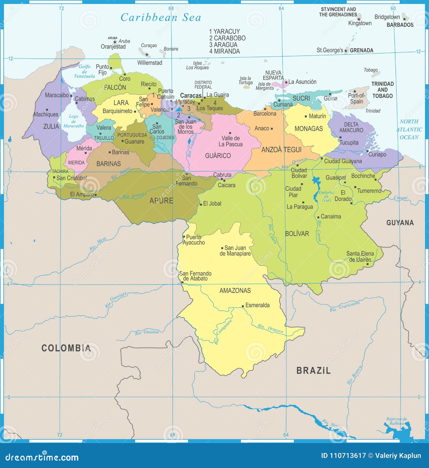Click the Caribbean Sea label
[161, 17]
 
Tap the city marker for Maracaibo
[71, 96]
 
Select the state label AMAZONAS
[235, 290]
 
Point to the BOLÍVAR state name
[297, 234]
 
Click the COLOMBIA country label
[66, 348]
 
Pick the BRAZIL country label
[313, 371]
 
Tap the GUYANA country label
[400, 223]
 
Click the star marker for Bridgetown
[404, 19]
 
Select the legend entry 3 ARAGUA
[223, 45]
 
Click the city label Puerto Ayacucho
[194, 240]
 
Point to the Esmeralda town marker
[243, 306]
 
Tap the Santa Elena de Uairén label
[360, 257]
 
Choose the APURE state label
[161, 200]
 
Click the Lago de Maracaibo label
[74, 121]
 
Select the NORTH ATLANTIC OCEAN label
[409, 129]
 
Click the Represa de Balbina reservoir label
[397, 421]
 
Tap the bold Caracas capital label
[191, 96]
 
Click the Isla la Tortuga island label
[246, 80]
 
